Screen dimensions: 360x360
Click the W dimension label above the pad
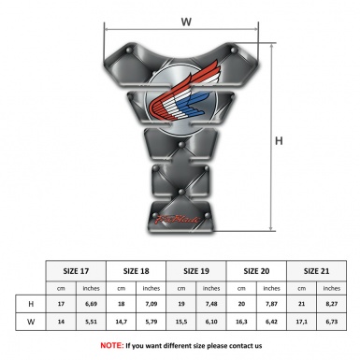tap(185, 20)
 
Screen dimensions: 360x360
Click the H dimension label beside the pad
tap(279, 141)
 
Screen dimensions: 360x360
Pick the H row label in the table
tap(31, 305)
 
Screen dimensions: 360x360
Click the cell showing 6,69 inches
tap(92, 305)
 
